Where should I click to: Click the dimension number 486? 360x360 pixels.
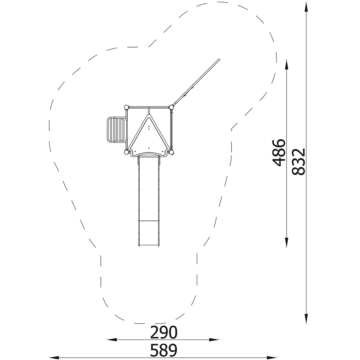pyautogui.click(x=279, y=152)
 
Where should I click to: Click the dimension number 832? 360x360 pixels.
pyautogui.click(x=299, y=162)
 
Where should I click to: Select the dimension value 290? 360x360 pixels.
pyautogui.click(x=164, y=332)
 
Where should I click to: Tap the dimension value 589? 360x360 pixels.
pyautogui.click(x=164, y=350)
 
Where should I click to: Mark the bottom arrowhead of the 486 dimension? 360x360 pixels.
pyautogui.click(x=287, y=242)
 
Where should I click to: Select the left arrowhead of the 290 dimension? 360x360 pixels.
pyautogui.click(x=112, y=339)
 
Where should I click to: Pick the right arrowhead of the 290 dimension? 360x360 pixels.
pyautogui.click(x=214, y=339)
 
